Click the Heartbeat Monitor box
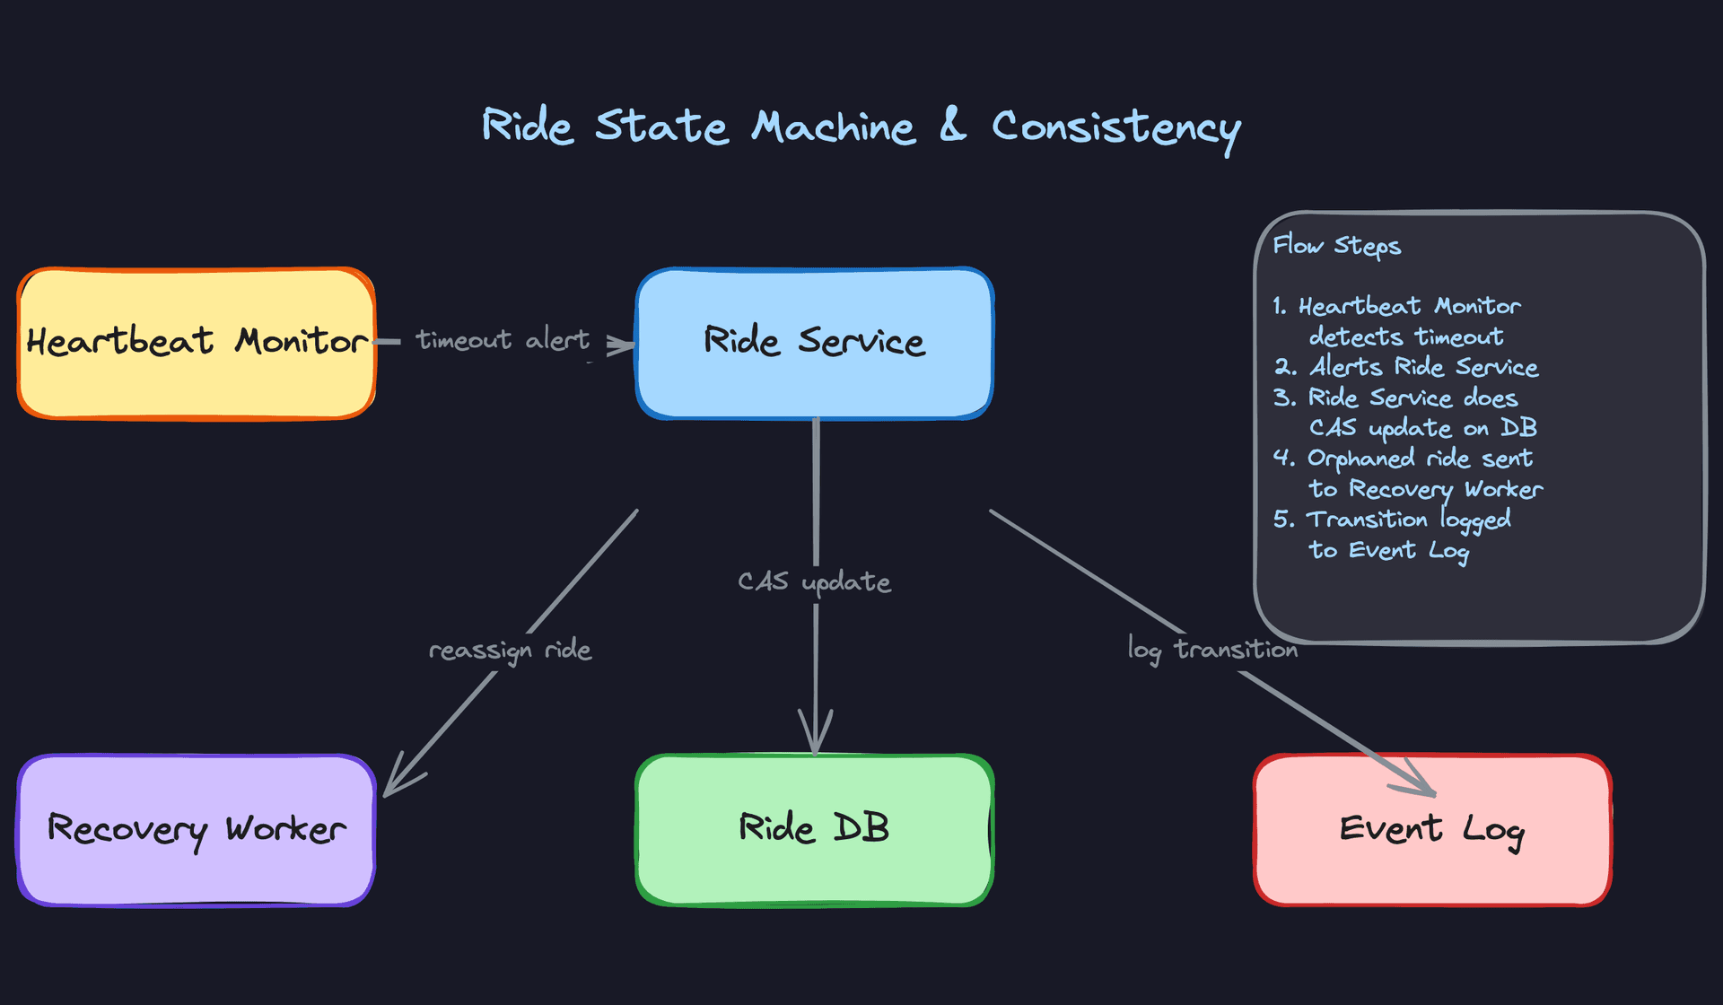point(196,343)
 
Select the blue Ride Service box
point(814,343)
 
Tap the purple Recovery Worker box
point(196,829)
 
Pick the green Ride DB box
point(814,829)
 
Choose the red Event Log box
point(1432,829)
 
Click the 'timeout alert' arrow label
point(503,340)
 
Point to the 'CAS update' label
point(814,581)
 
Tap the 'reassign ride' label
point(510,650)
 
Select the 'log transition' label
point(1212,649)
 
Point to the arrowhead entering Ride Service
point(621,345)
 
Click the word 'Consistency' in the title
point(1115,127)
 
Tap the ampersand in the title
point(952,125)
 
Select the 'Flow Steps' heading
point(1336,246)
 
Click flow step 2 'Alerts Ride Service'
point(1422,367)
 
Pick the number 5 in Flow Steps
point(1282,520)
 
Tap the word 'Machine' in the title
point(833,127)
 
